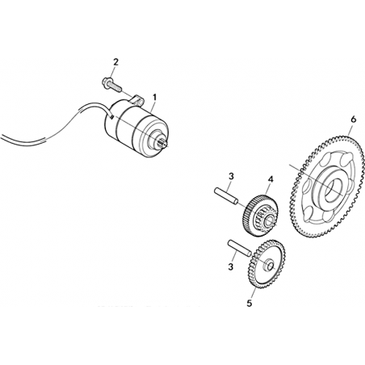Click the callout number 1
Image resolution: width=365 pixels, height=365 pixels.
[154, 98]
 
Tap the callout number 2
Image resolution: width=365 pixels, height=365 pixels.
[115, 62]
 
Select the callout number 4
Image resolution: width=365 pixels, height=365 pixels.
[271, 179]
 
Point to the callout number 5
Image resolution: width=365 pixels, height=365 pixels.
[250, 303]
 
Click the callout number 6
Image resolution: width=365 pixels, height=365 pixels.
[354, 120]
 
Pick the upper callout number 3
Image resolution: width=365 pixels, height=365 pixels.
[231, 177]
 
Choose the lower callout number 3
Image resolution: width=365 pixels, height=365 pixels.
[230, 266]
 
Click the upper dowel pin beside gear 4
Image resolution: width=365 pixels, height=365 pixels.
[226, 195]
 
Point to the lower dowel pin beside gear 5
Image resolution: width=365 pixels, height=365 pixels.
[240, 248]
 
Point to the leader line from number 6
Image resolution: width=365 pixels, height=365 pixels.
[350, 130]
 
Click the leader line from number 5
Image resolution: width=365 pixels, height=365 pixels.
[253, 293]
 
